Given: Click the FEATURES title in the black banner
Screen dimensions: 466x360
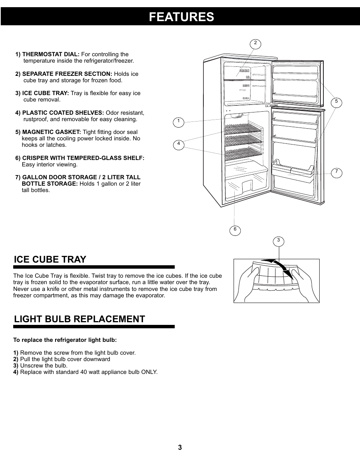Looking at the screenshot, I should (x=181, y=17).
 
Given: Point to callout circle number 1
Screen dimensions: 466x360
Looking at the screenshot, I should (x=178, y=122).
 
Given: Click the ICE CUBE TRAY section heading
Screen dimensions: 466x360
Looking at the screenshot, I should (x=50, y=259).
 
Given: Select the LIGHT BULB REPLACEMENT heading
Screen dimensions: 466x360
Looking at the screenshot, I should (x=79, y=319).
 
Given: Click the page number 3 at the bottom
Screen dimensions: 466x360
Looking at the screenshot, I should (x=180, y=448).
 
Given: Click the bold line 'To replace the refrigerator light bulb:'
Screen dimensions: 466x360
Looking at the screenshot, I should (x=65, y=340).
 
